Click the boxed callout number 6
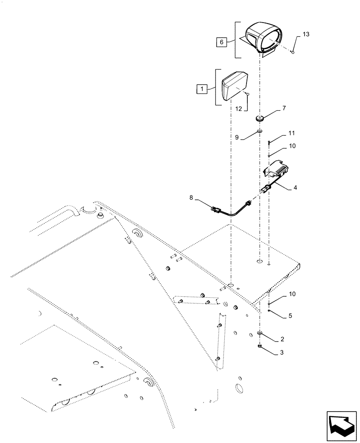click(x=222, y=42)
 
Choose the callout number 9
click(x=237, y=137)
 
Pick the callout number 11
click(x=291, y=133)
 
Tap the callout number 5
click(x=290, y=316)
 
